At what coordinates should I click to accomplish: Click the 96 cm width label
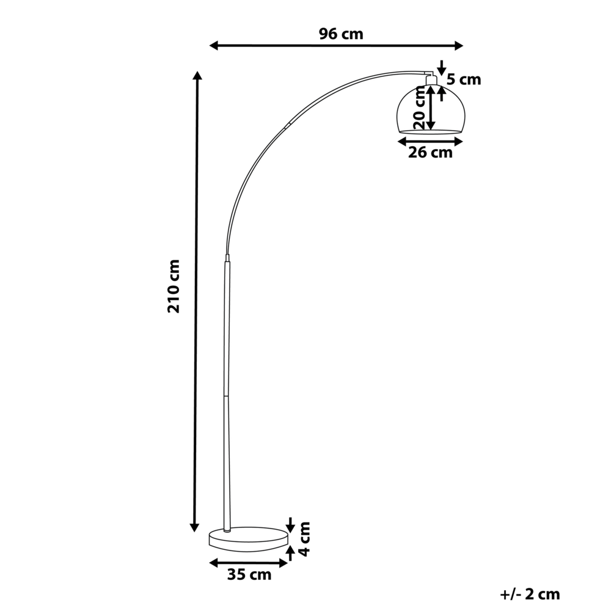coord(341,34)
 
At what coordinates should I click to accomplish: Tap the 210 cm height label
coord(175,286)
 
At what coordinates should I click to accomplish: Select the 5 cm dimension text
coord(464,79)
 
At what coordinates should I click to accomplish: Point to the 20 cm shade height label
coord(419,108)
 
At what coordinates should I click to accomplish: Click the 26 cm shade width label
coord(430,153)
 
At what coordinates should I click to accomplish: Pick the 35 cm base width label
coord(249,575)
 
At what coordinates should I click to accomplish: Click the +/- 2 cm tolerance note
coord(529,594)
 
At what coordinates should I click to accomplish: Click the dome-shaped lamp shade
coord(428,110)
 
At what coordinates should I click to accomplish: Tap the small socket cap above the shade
coord(431,79)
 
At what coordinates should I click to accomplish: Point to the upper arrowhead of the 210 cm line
coord(196,76)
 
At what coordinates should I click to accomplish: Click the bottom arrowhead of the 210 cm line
coord(196,527)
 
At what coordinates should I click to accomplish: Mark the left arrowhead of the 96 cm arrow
coord(214,45)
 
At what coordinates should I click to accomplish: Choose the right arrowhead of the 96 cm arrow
coord(459,45)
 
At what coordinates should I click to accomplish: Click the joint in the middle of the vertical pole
coord(226,395)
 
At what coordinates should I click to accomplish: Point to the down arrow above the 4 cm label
coord(291,524)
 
